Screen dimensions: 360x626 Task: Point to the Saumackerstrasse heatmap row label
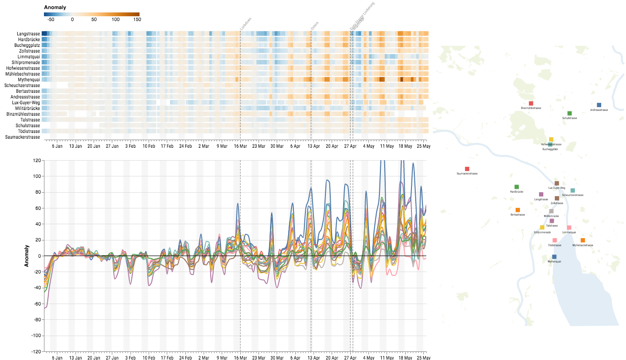[22, 137]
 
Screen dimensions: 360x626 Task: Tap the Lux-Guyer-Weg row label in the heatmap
[26, 103]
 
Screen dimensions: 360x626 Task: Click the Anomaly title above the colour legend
[55, 8]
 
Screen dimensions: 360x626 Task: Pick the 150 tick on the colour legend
[137, 20]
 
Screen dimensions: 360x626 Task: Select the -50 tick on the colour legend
[50, 20]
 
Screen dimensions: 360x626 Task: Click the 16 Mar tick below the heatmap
[240, 146]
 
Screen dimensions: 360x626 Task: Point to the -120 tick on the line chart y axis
[35, 351]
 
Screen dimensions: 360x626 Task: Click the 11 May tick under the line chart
[387, 357]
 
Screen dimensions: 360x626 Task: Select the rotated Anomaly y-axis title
[28, 256]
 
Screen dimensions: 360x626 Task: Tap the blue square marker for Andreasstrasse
[599, 105]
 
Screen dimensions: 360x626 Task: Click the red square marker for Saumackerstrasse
[467, 169]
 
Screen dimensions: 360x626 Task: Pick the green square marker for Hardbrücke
[517, 187]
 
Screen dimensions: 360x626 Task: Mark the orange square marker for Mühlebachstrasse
[583, 240]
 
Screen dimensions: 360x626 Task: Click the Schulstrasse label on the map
[570, 118]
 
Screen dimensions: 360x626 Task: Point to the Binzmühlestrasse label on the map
[531, 108]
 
